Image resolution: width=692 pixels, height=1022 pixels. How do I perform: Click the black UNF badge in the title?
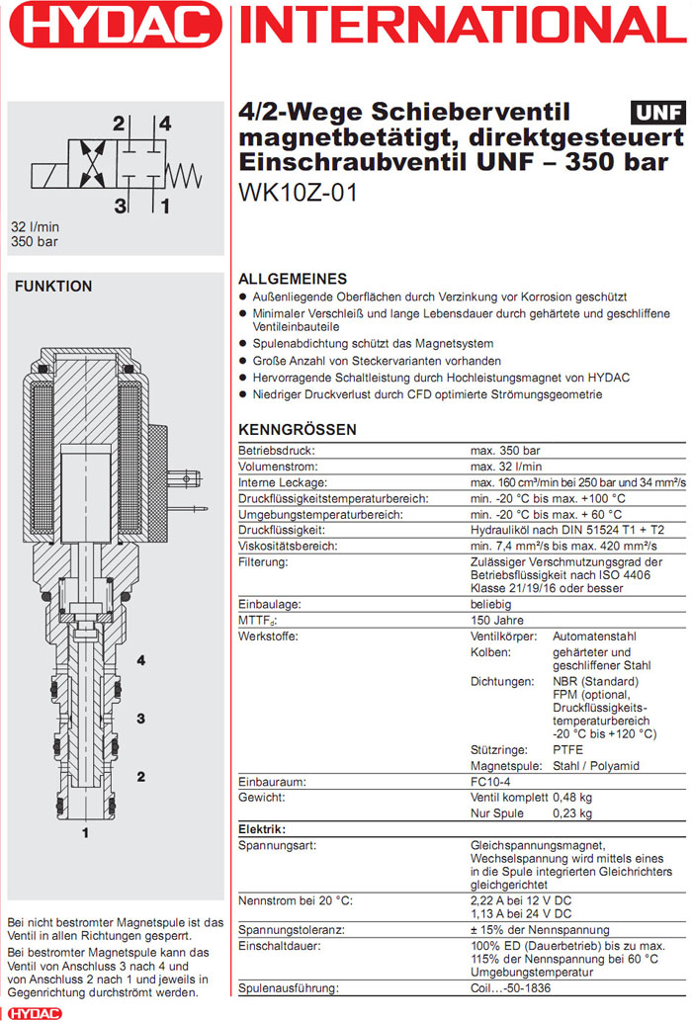pos(654,112)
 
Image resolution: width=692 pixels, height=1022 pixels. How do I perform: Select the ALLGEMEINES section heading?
pos(293,279)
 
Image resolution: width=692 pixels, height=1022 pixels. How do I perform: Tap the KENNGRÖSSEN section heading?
pos(298,430)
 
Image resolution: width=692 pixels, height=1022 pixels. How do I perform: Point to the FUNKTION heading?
pos(53,287)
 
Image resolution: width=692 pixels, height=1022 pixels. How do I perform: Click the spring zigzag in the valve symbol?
pos(183,165)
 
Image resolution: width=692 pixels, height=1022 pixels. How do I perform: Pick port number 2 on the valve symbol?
pos(118,125)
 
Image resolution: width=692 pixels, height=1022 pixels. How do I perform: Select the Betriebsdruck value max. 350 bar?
pos(505,451)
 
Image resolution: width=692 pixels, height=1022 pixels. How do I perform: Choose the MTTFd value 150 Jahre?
pos(497,620)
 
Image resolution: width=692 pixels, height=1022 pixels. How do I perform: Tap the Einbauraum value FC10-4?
pos(490,782)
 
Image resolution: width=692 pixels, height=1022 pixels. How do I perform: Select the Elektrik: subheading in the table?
pos(263,829)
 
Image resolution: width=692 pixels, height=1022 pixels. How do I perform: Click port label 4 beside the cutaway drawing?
pos(141,660)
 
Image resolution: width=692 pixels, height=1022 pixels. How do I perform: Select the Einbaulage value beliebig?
pos(491,603)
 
